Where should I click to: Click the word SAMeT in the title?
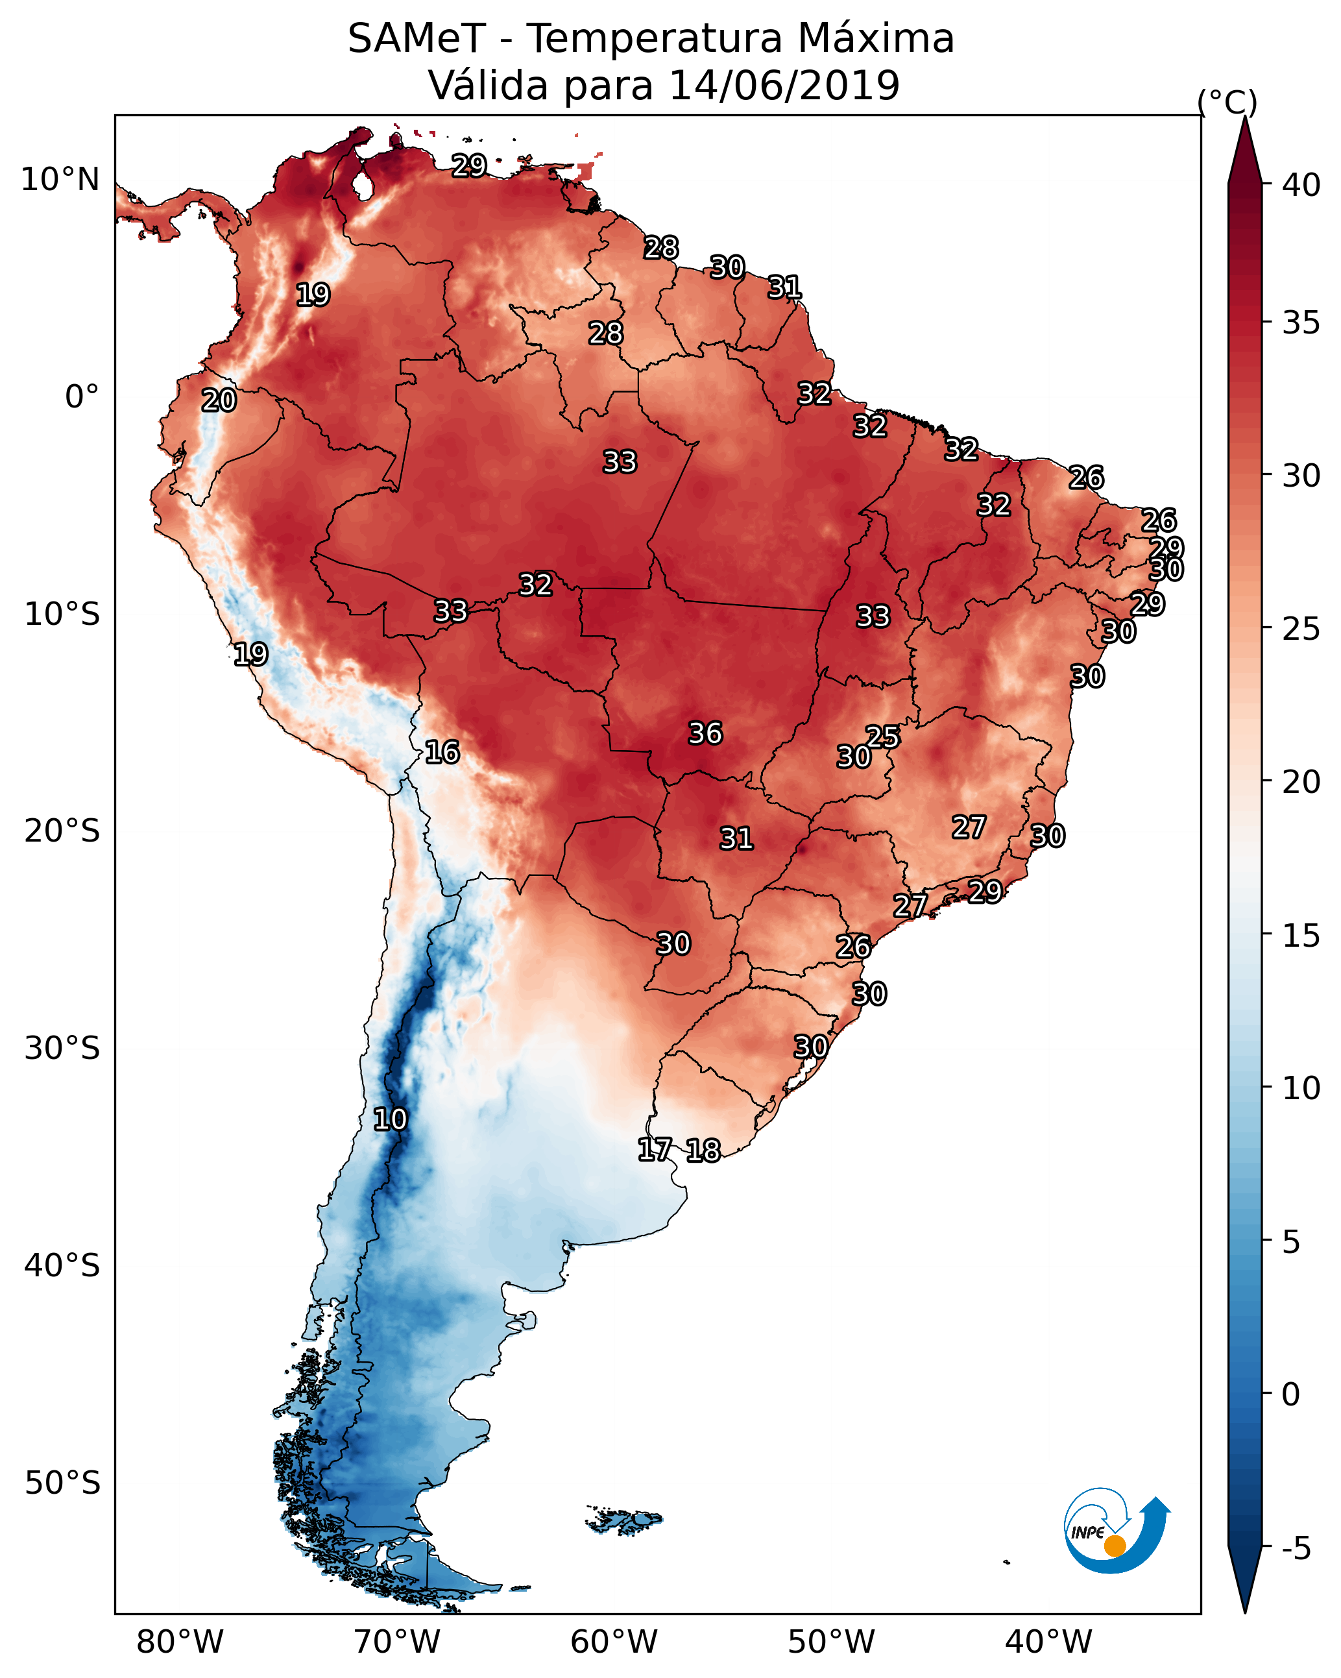tap(417, 39)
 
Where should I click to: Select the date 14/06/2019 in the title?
tap(784, 86)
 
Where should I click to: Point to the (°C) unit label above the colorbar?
tap(1227, 102)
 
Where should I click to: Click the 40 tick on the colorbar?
tap(1301, 185)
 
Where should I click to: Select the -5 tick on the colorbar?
tap(1296, 1549)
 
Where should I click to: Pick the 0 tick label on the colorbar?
tap(1290, 1394)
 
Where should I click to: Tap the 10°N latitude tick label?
tap(60, 180)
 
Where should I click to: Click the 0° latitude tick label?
tap(82, 397)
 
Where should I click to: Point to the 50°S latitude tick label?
tap(62, 1483)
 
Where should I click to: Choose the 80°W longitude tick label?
tap(180, 1642)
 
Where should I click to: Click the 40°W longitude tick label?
tap(1048, 1642)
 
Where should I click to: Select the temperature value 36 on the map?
tap(705, 733)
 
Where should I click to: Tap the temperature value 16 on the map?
tap(442, 752)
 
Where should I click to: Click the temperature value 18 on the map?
tap(703, 1150)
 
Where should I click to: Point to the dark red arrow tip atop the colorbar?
tap(1244, 148)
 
